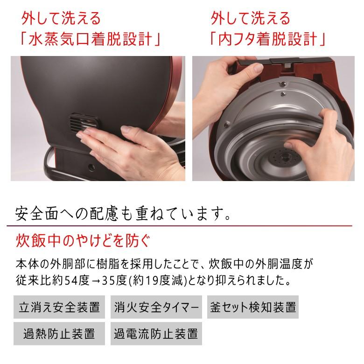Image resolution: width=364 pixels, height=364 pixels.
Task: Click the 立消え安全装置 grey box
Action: pyautogui.click(x=59, y=307)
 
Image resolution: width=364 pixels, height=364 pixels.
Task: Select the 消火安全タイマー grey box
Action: pyautogui.click(x=156, y=307)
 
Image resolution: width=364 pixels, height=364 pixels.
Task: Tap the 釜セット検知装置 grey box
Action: pyautogui.click(x=252, y=307)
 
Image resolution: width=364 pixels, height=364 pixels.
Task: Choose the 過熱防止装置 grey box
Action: pyautogui.click(x=59, y=333)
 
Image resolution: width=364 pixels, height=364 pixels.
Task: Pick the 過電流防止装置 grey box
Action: pyautogui.click(x=156, y=333)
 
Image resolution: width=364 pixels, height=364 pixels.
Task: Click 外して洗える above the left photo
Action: pyautogui.click(x=61, y=19)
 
